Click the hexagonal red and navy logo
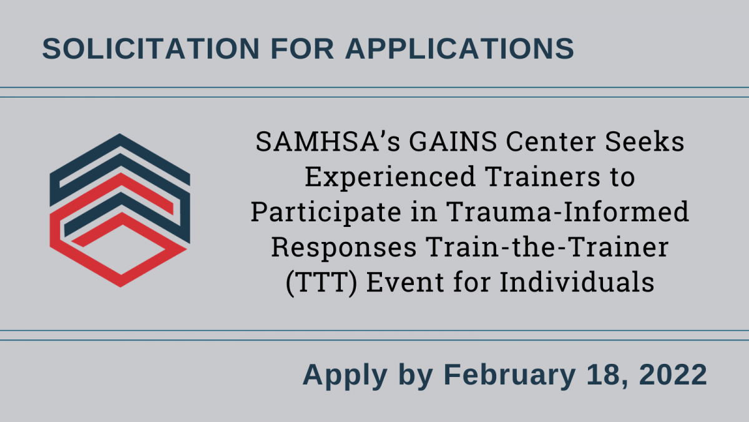[120, 210]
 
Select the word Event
[405, 283]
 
